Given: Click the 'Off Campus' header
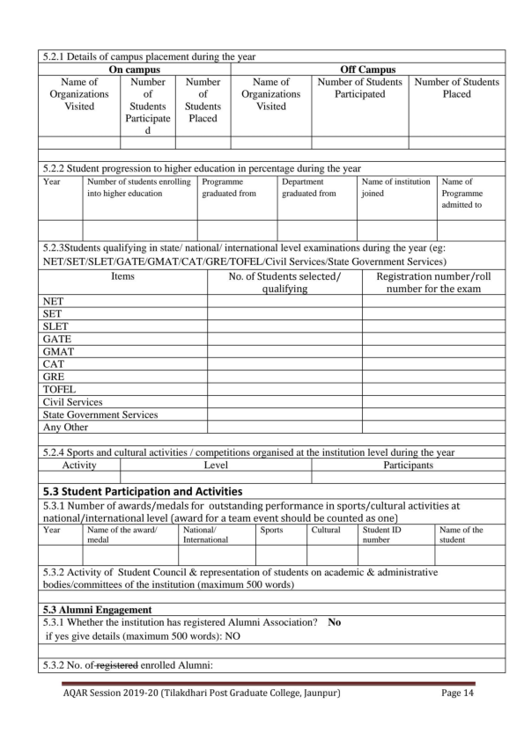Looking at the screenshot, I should coord(367,69).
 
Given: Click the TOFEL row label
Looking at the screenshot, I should coord(59,388).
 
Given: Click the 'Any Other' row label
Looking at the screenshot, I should coord(65,427).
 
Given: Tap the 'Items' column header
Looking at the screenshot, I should coord(122,276).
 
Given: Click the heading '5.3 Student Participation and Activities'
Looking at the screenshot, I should coord(142,490).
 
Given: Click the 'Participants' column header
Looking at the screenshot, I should coord(408,464).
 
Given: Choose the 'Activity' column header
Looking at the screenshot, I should coord(79,464).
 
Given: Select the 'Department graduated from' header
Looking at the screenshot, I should coord(309,187).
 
